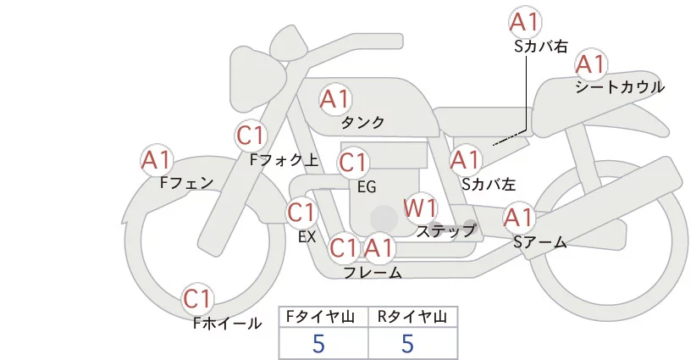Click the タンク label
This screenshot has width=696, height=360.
[x=362, y=123]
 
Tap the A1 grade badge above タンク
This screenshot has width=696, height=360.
[x=334, y=99]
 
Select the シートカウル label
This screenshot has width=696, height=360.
[x=620, y=87]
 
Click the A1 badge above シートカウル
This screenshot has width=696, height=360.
[x=590, y=64]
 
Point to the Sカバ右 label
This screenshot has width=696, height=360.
[x=540, y=47]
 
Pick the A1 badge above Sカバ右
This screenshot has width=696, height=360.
[x=526, y=22]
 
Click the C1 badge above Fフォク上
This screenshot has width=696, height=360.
[x=251, y=135]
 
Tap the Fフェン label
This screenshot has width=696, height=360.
[x=185, y=181]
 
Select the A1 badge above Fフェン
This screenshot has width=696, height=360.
[x=157, y=159]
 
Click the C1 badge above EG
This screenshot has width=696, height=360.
[x=353, y=162]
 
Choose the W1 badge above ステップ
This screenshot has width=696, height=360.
[x=419, y=208]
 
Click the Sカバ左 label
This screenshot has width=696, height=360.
[x=489, y=182]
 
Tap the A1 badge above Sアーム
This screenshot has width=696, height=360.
[x=518, y=218]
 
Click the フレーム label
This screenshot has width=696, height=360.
[x=373, y=272]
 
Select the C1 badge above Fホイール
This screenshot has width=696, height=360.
[x=199, y=299]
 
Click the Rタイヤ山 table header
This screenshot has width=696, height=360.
[x=412, y=317]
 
